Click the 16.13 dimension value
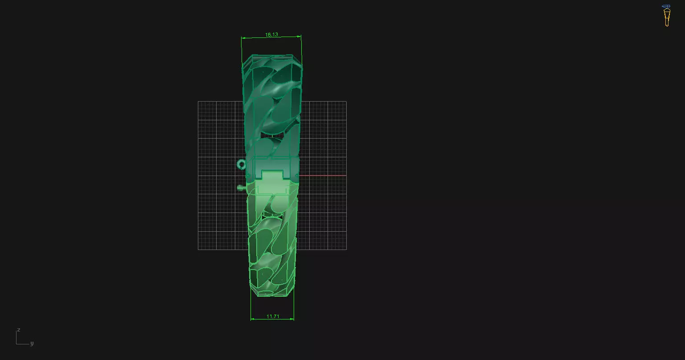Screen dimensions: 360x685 pyautogui.click(x=271, y=34)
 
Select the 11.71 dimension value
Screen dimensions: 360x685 pyautogui.click(x=273, y=316)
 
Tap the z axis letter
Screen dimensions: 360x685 pyautogui.click(x=18, y=330)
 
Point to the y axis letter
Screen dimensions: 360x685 pyautogui.click(x=32, y=344)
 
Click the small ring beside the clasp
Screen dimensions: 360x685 pyautogui.click(x=241, y=165)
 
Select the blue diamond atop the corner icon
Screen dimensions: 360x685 pyautogui.click(x=666, y=6)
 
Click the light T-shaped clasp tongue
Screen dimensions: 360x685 pyautogui.click(x=273, y=180)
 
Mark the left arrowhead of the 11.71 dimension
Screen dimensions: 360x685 pyautogui.click(x=252, y=319)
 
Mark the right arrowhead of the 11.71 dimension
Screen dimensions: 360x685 pyautogui.click(x=292, y=319)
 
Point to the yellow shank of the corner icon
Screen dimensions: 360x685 pyautogui.click(x=667, y=18)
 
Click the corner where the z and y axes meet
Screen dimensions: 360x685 pyautogui.click(x=16, y=344)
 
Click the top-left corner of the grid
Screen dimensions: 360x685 pyautogui.click(x=198, y=102)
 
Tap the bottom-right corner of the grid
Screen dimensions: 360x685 pyautogui.click(x=346, y=250)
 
